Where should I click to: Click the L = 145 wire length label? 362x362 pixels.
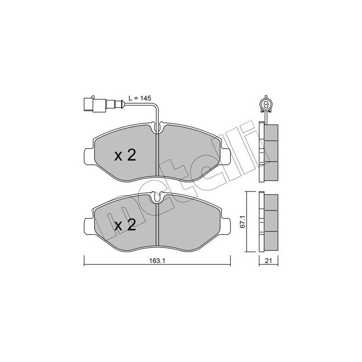coord(140,98)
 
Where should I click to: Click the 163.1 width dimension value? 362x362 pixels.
coord(157,261)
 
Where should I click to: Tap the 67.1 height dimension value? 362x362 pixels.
coord(242,222)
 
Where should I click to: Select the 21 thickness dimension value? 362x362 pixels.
coord(268,261)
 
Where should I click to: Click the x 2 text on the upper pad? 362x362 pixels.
coord(125,155)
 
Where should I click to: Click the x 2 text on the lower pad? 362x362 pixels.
coord(125,224)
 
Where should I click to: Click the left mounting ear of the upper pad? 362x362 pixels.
coord(89,157)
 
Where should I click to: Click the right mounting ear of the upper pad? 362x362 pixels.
coord(225,157)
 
